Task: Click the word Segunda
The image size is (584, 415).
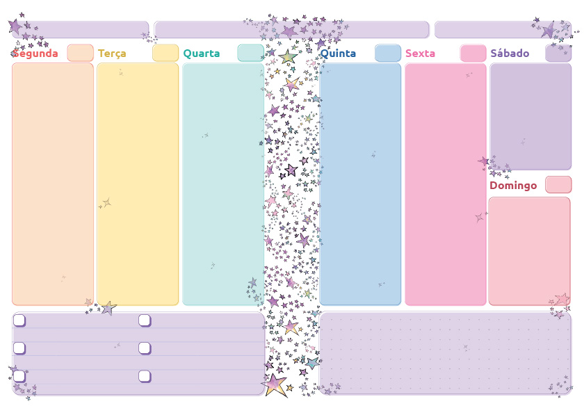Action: click(x=36, y=54)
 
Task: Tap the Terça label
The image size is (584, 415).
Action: click(x=112, y=54)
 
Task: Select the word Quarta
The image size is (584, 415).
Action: click(x=201, y=54)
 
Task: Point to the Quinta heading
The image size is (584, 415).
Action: click(x=338, y=54)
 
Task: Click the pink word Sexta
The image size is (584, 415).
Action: click(x=420, y=54)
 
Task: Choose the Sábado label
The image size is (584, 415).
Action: click(x=510, y=54)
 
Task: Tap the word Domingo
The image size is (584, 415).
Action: click(x=513, y=186)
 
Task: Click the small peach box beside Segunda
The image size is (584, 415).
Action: click(x=80, y=53)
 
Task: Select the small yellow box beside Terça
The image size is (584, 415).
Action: click(x=165, y=53)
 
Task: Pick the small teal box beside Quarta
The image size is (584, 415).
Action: click(x=250, y=53)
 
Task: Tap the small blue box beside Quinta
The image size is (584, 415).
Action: click(x=388, y=53)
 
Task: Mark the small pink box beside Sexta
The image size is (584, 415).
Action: click(x=473, y=53)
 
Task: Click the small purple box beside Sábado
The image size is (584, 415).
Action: click(x=558, y=53)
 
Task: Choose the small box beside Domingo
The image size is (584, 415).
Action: click(x=558, y=184)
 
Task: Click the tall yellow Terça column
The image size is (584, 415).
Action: click(x=138, y=184)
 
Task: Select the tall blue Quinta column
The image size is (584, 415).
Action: click(x=360, y=184)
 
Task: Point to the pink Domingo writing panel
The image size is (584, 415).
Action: click(x=530, y=251)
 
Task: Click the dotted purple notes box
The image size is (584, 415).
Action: click(x=445, y=354)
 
